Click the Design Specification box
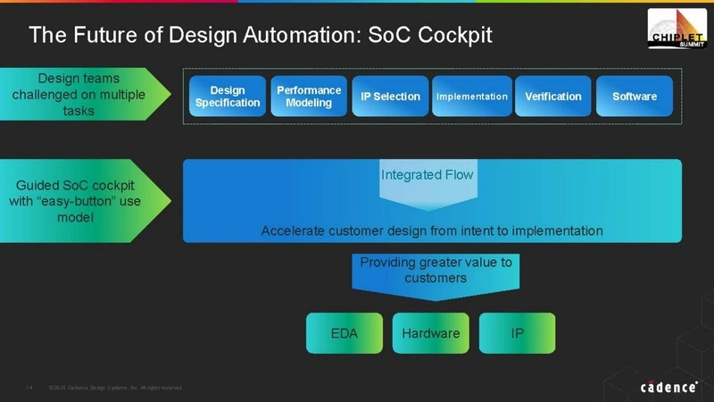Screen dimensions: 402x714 point(228,96)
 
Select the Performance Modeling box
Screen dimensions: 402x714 point(309,96)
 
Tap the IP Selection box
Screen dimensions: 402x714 point(385,96)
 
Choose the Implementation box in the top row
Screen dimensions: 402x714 point(471,96)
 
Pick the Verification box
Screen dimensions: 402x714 point(552,96)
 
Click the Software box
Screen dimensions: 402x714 point(635,96)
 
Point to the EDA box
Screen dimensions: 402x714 point(344,333)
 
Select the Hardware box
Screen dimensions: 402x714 point(431,333)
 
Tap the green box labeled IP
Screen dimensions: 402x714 point(517,333)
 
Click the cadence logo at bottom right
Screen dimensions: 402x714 point(668,386)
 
